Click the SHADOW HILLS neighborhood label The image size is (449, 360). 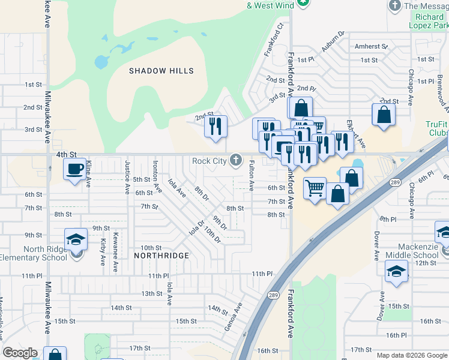pos(161,71)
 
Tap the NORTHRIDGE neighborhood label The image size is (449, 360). pos(161,256)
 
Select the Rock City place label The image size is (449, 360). pos(209,161)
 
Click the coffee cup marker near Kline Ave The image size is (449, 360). pos(75,169)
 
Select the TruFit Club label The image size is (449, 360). pos(438,128)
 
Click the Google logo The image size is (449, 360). pos(20,353)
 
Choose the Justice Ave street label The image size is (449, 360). pos(127,177)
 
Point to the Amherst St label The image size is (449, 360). pos(371,46)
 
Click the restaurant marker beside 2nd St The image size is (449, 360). pos(215,127)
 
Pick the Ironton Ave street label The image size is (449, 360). pos(157,176)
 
